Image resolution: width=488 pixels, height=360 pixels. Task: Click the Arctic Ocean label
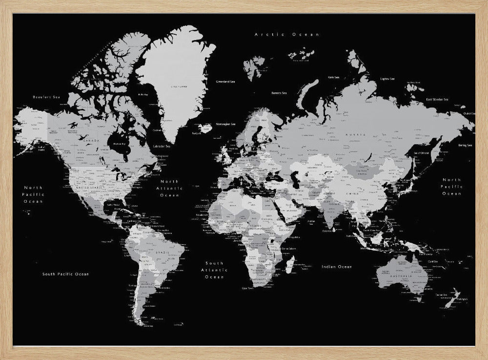pyautogui.click(x=287, y=35)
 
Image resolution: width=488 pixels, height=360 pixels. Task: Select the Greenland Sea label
pyautogui.click(x=225, y=82)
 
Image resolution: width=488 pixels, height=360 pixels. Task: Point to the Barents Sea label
pyautogui.click(x=279, y=93)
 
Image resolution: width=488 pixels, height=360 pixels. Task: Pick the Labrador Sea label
pyautogui.click(x=162, y=146)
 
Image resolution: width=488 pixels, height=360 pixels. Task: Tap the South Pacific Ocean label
pyautogui.click(x=65, y=274)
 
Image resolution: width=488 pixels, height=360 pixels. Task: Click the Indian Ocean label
pyautogui.click(x=337, y=267)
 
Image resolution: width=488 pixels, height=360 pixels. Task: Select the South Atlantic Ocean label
pyautogui.click(x=214, y=270)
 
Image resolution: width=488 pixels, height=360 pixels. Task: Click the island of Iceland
pyautogui.click(x=206, y=128)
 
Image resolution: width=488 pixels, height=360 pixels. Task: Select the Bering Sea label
pyautogui.click(x=465, y=145)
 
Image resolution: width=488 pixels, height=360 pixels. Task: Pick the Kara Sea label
pyautogui.click(x=334, y=77)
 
